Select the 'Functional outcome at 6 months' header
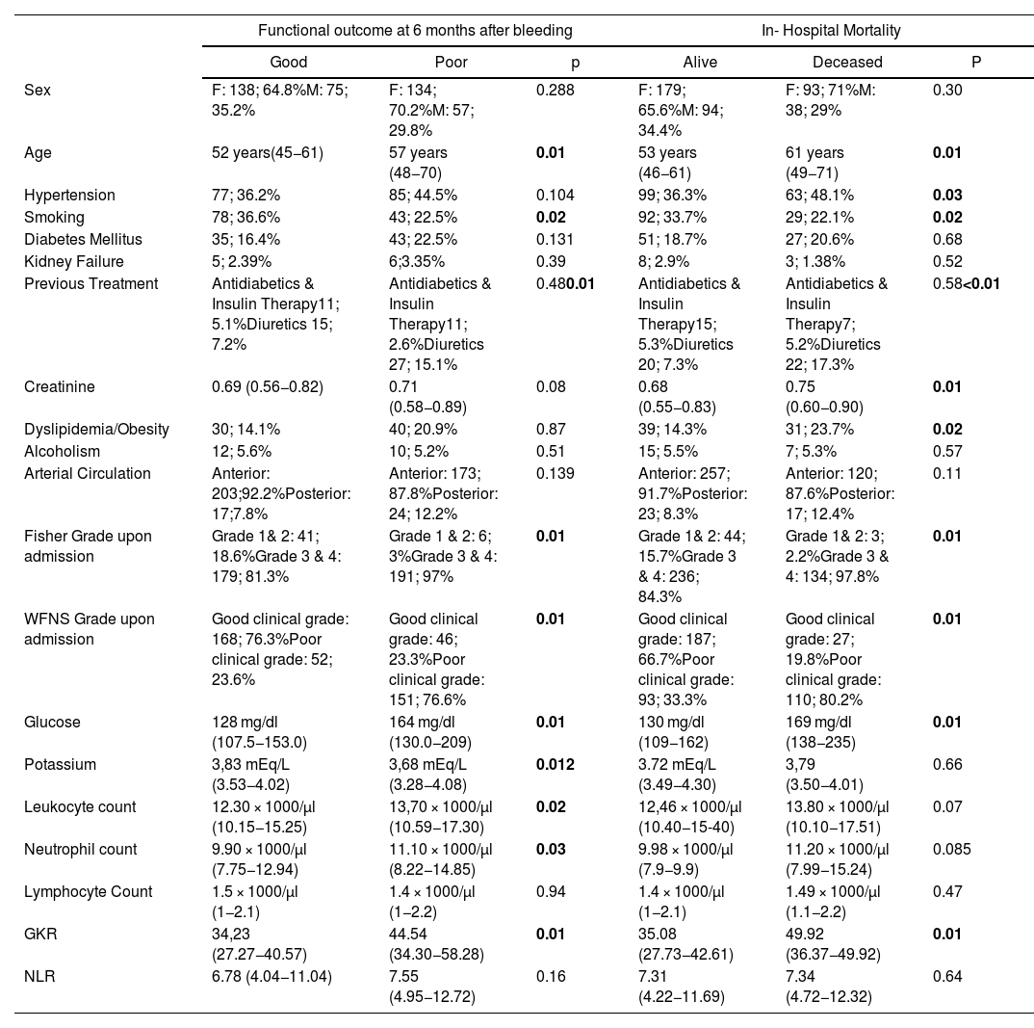point(415,31)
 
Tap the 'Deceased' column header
point(834,63)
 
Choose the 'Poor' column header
point(425,63)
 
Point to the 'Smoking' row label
point(55,217)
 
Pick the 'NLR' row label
point(39,976)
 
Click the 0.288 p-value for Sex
point(554,91)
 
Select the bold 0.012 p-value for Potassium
point(556,764)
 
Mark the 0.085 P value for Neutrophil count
point(951,849)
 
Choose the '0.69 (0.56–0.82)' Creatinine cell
point(267,386)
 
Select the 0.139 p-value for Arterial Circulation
point(554,473)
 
